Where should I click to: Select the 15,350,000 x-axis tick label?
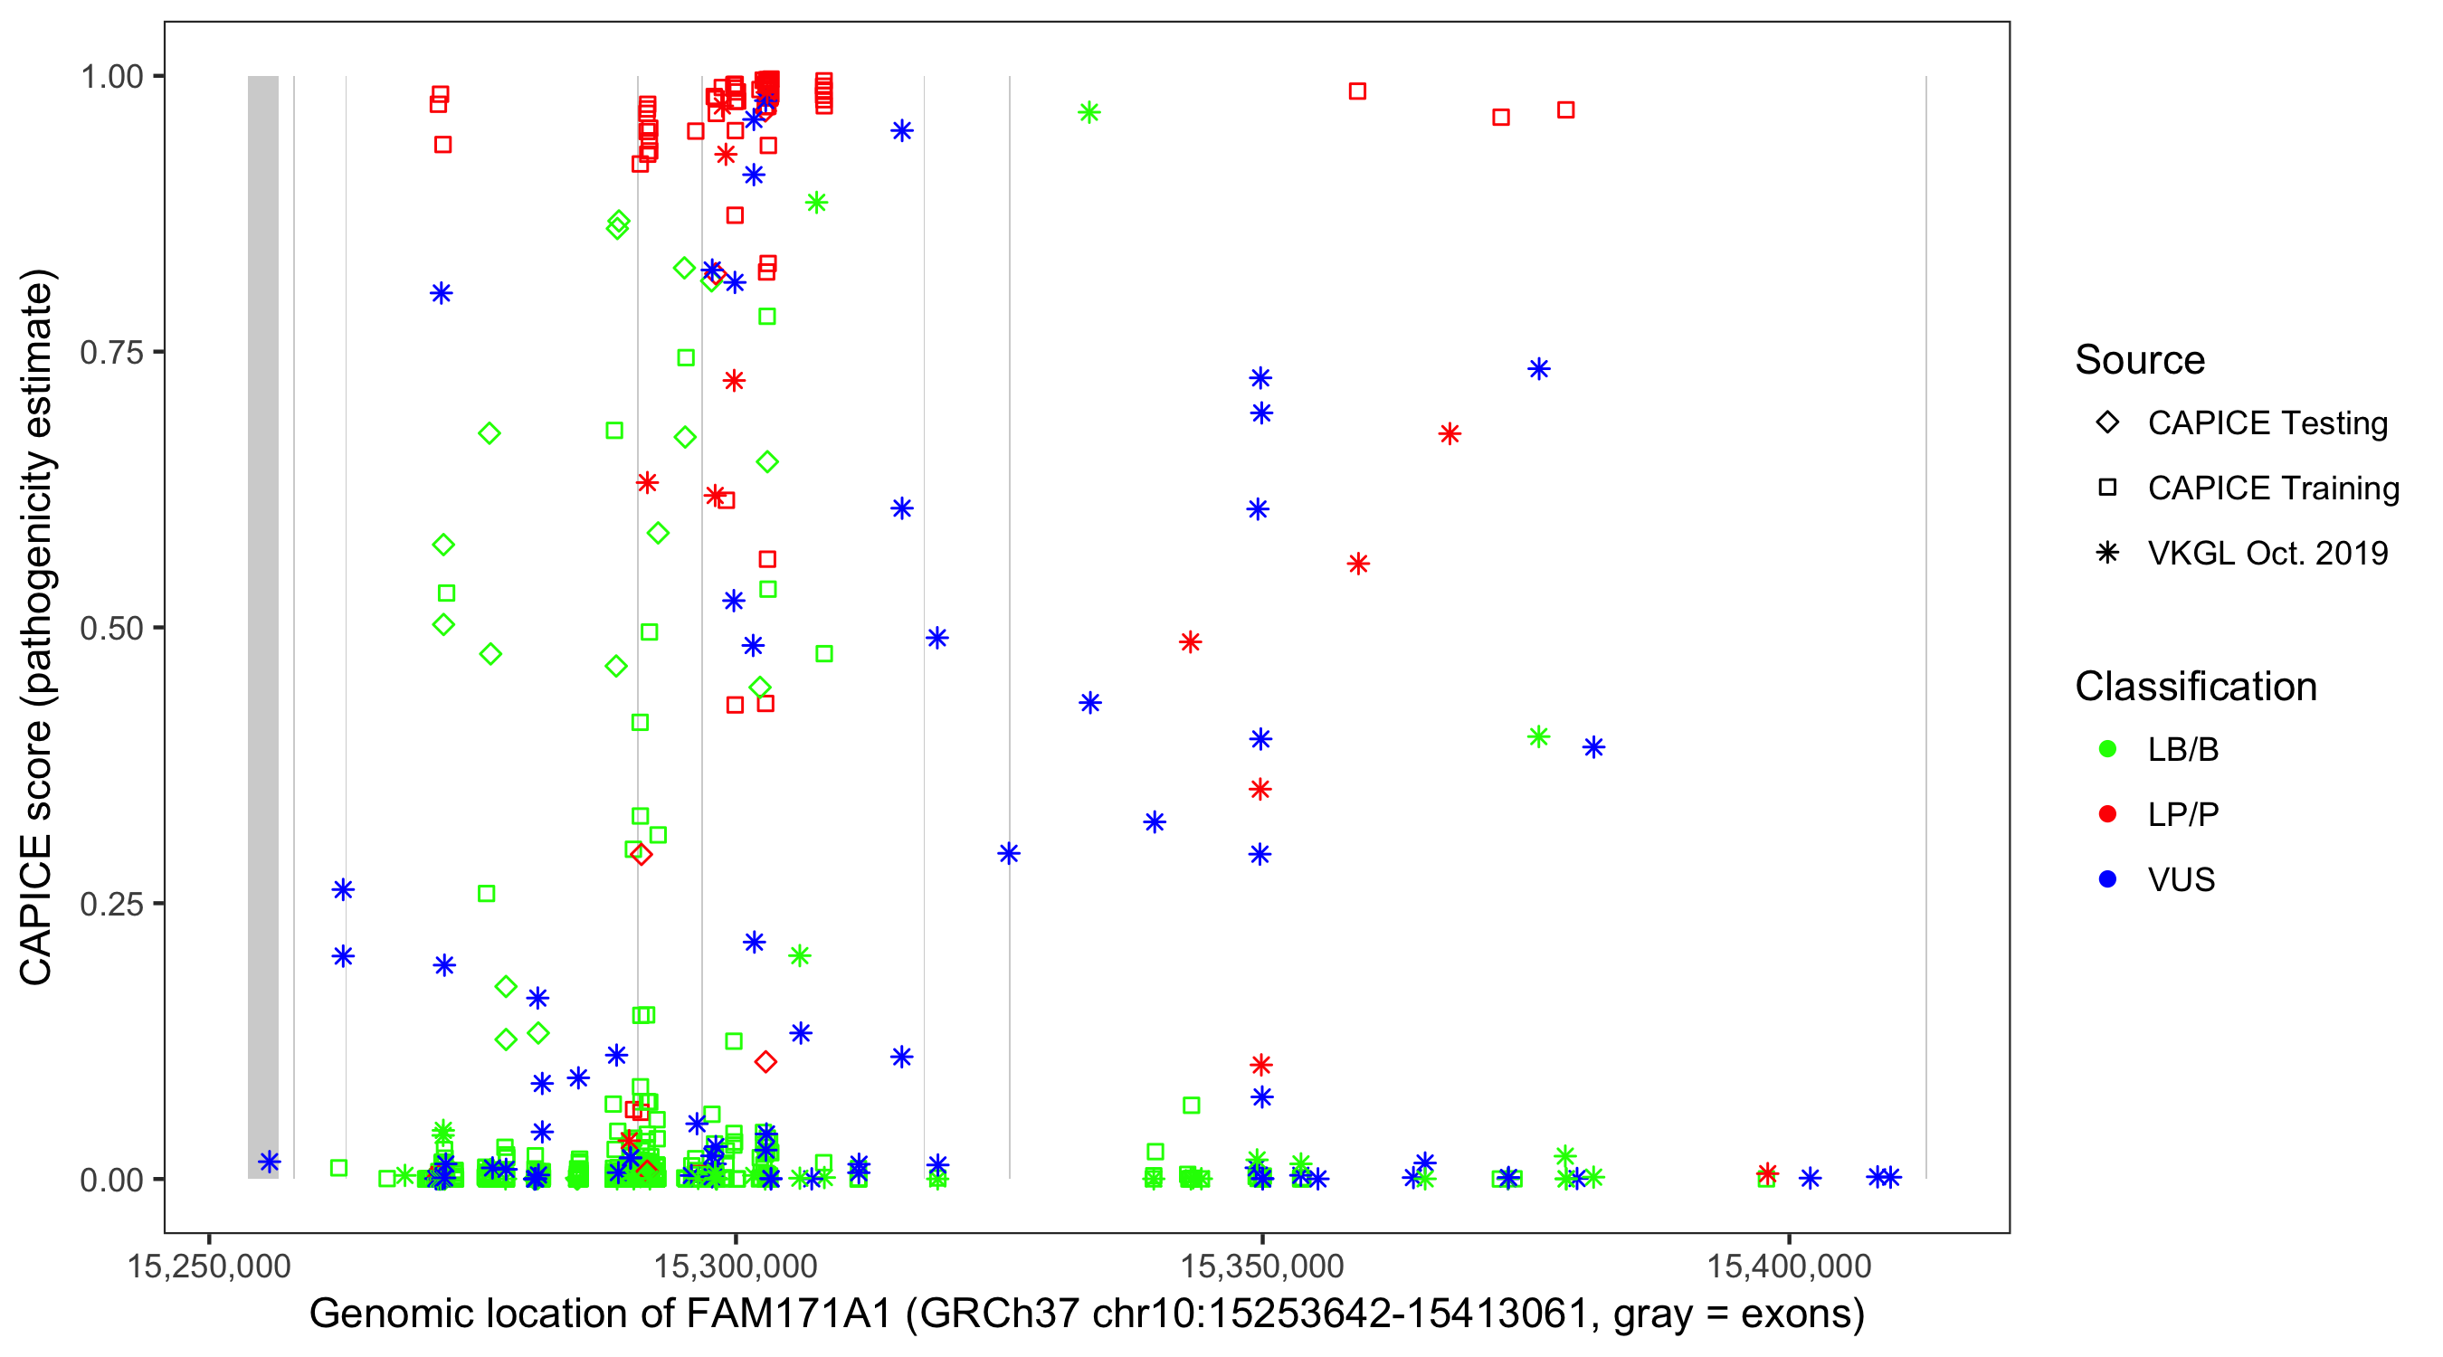click(x=1261, y=1266)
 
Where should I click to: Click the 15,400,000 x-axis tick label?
click(x=1789, y=1266)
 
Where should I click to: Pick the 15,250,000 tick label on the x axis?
click(x=209, y=1266)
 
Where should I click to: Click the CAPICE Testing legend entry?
click(x=2267, y=423)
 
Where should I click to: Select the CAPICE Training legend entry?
click(x=2272, y=489)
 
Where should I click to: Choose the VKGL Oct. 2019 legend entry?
click(x=2267, y=554)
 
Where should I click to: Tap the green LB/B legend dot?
click(x=2107, y=749)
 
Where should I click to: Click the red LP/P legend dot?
click(x=2107, y=814)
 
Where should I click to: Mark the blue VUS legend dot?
click(x=2107, y=880)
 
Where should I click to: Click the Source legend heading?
click(x=2140, y=360)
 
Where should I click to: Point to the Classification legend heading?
click(x=2195, y=687)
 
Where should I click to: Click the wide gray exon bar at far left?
click(x=263, y=626)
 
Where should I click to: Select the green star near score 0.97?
click(x=1088, y=113)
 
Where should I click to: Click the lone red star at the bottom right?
click(x=1767, y=1174)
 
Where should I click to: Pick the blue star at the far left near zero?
click(x=270, y=1162)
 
